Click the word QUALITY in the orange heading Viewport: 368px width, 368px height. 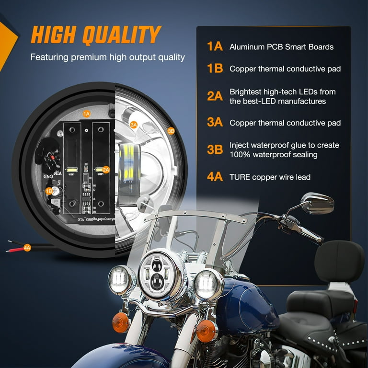coord(122,35)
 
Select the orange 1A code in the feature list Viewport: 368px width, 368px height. coord(215,46)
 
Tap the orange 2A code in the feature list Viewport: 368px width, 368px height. coord(215,96)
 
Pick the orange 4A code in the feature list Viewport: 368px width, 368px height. coord(215,177)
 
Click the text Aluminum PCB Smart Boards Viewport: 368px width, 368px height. coord(281,47)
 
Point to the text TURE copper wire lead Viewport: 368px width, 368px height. coord(270,177)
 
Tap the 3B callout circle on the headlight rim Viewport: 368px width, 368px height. coord(171,130)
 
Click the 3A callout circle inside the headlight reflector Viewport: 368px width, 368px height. coord(134,125)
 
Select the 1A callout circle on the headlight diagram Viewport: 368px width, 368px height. coord(87,114)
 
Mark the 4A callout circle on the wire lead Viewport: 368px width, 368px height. coord(27,247)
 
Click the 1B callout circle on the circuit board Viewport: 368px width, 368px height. coord(49,191)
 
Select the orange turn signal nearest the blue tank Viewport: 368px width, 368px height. coord(206,331)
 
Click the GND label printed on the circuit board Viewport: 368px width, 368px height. coord(49,176)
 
